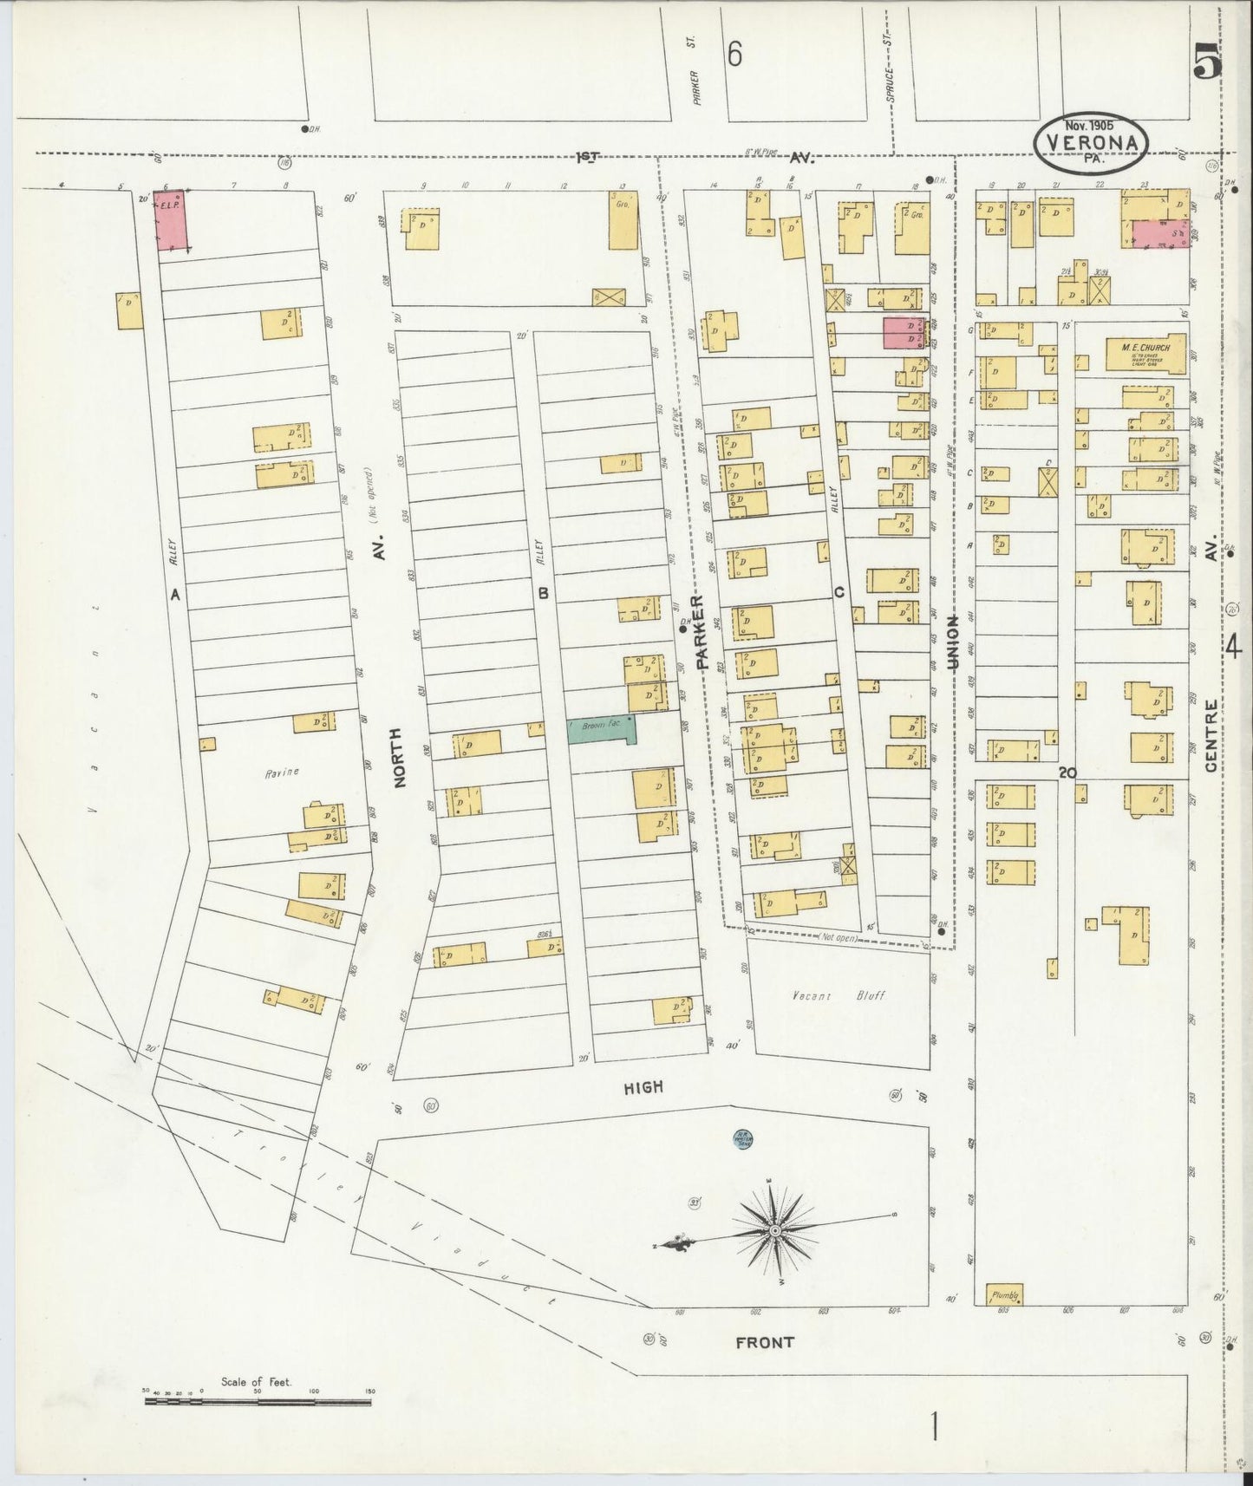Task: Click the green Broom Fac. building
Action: point(602,729)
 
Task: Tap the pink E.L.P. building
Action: point(171,220)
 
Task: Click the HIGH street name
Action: point(643,1086)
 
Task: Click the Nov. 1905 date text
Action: point(1090,125)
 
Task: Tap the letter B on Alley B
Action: point(544,594)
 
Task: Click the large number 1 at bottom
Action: point(935,1426)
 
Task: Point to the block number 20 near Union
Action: point(1067,772)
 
